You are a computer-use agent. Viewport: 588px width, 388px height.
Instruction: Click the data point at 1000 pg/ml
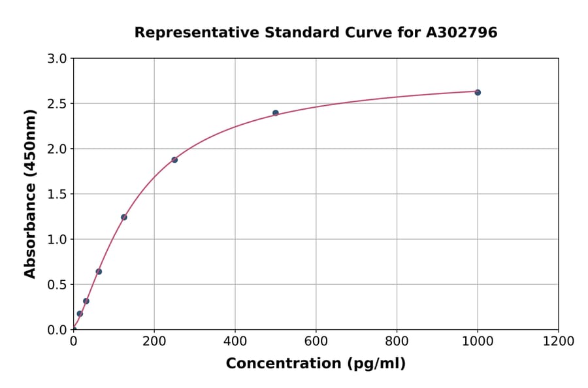point(478,92)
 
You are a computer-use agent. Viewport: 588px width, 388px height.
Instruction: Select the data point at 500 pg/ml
point(276,113)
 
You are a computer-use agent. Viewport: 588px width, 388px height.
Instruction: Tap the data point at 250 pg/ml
point(174,159)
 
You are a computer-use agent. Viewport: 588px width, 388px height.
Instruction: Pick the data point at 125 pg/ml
point(124,217)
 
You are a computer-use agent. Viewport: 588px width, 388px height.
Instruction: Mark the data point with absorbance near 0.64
point(99,272)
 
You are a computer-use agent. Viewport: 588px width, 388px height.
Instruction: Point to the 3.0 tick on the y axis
point(57,59)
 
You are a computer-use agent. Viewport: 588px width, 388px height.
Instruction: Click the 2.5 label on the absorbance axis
point(57,104)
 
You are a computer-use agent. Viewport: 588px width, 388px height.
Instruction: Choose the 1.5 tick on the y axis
point(57,194)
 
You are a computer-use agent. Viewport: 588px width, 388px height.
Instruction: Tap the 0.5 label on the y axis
point(57,284)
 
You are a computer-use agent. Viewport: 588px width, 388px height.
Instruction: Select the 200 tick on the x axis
point(154,341)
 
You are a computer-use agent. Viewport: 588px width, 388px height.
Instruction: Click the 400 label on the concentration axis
point(235,341)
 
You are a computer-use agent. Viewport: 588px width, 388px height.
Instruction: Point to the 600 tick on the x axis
point(316,341)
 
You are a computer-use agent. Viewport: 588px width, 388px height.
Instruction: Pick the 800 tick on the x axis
point(397,341)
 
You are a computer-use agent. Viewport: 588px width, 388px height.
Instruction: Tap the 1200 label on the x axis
point(559,341)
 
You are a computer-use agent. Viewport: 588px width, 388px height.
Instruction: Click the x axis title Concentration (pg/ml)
point(316,364)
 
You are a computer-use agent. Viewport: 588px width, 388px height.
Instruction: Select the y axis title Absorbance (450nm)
point(30,194)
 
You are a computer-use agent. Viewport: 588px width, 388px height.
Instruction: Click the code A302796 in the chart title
point(463,32)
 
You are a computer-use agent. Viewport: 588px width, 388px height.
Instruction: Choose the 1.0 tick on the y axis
point(57,239)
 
